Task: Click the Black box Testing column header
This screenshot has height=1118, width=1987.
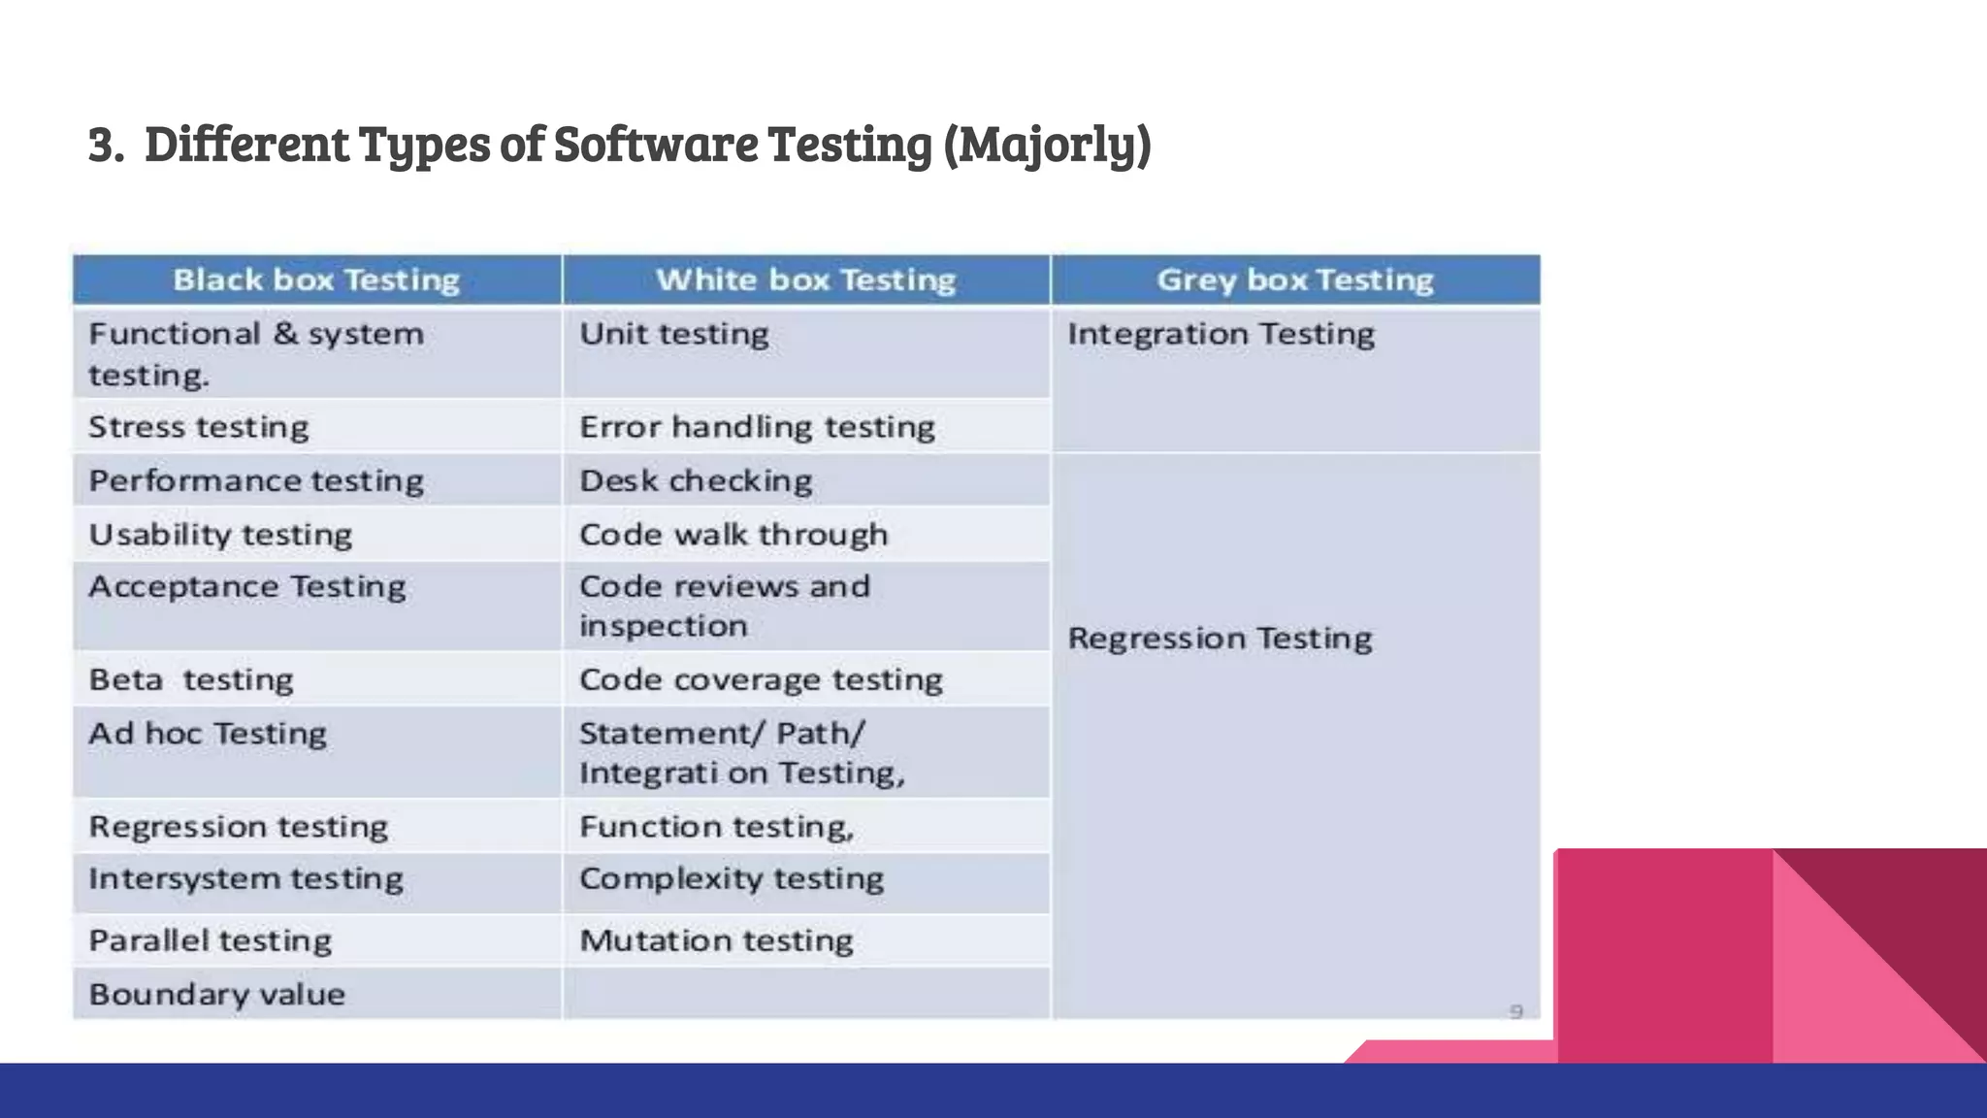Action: pos(316,279)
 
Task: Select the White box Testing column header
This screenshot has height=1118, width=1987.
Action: pos(805,279)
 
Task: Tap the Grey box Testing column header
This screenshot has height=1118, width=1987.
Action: pos(1295,279)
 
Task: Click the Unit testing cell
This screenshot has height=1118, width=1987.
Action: pos(674,334)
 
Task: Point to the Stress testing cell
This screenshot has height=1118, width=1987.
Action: pos(199,427)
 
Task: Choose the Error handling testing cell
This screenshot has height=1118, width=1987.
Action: pos(757,427)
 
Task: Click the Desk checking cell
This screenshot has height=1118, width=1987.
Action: pos(696,480)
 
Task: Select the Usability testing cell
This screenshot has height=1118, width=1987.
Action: pos(220,535)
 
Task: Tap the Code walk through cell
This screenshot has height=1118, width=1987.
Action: pos(733,535)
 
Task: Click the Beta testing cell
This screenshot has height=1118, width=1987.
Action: pos(191,679)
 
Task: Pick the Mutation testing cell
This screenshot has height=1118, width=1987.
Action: pos(716,940)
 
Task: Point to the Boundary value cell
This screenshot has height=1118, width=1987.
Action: pos(216,994)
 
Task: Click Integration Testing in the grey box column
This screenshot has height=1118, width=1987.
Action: pos(1221,334)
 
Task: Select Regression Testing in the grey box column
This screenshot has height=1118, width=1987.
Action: pos(1220,639)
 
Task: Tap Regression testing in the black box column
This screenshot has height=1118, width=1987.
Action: pos(238,827)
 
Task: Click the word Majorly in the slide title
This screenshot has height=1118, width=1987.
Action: pos(1048,144)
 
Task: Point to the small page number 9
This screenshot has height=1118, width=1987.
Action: pos(1516,1011)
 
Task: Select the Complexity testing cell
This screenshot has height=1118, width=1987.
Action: pos(732,879)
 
